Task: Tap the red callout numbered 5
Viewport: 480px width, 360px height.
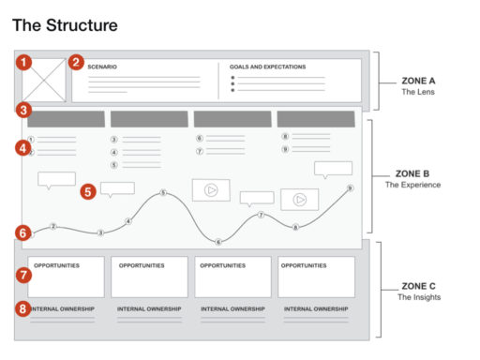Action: (x=88, y=190)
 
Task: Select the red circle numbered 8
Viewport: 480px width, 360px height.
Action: (x=24, y=307)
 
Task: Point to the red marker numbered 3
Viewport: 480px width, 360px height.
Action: (x=22, y=110)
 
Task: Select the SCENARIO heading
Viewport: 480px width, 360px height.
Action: (x=102, y=67)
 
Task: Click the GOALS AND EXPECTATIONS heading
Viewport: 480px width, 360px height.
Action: (x=267, y=67)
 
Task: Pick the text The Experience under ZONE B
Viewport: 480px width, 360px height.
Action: (x=413, y=185)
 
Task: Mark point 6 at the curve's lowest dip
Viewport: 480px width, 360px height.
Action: (x=218, y=242)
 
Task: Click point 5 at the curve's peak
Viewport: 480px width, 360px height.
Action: (x=163, y=193)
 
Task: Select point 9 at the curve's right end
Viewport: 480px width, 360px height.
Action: (x=350, y=187)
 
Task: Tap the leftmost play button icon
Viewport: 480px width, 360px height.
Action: (x=211, y=188)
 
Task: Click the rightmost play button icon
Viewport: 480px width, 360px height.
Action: (x=300, y=199)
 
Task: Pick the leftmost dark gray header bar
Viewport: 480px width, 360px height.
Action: (x=66, y=119)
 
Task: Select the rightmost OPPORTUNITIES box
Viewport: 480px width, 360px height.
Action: (x=316, y=277)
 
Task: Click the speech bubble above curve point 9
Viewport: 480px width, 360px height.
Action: (x=333, y=168)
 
